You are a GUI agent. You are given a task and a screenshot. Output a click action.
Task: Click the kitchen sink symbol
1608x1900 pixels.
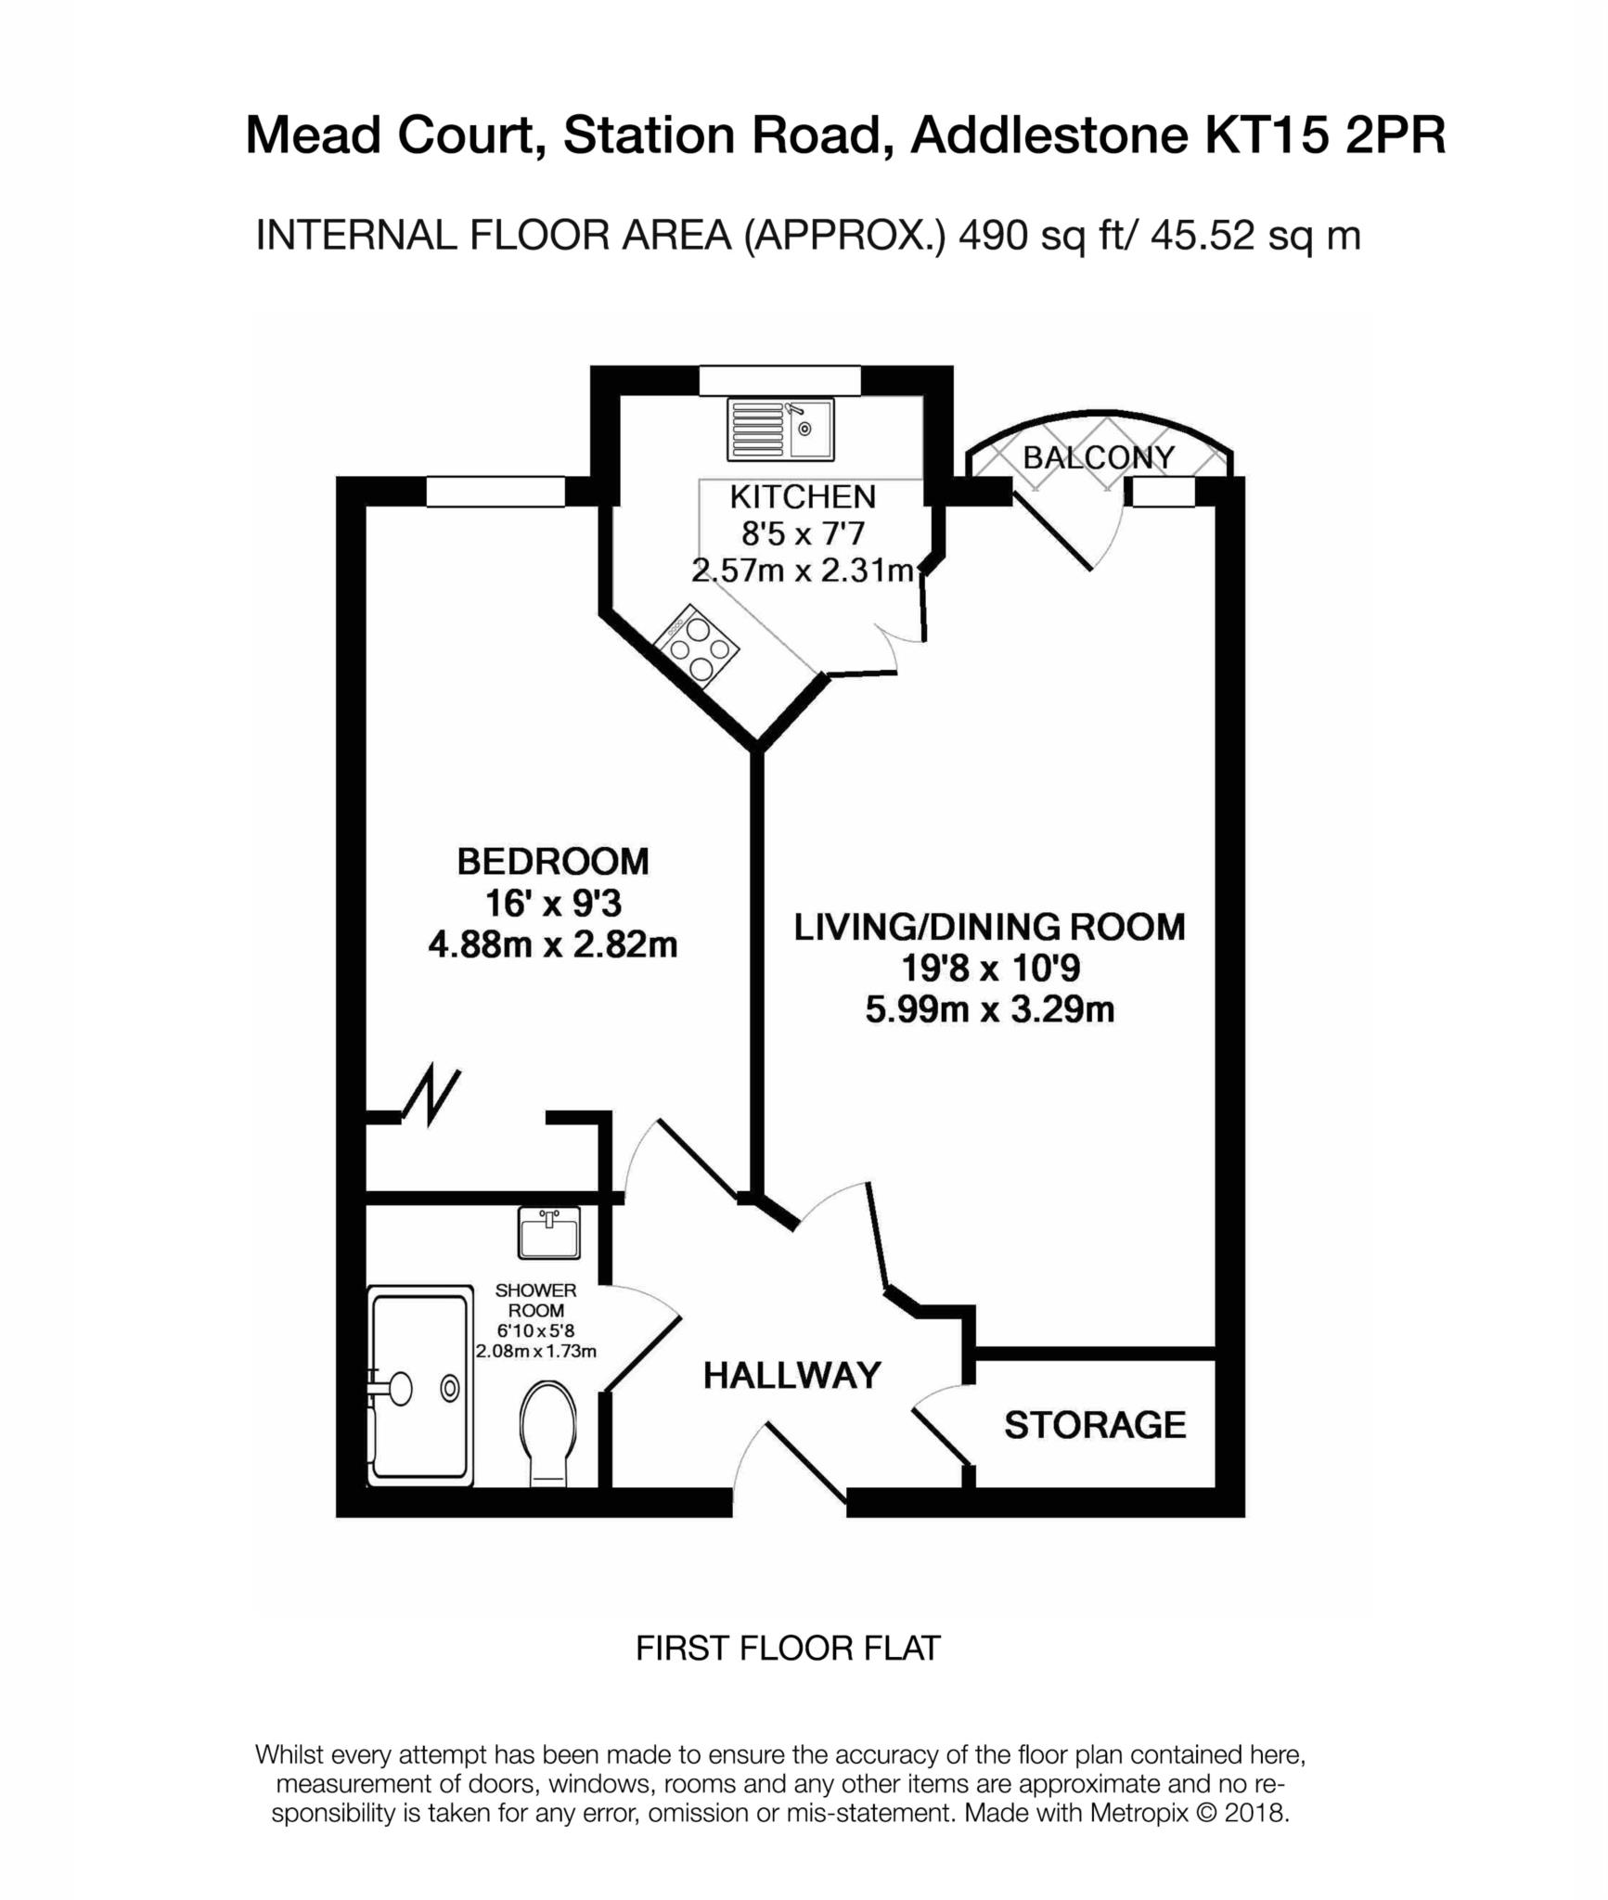[780, 429]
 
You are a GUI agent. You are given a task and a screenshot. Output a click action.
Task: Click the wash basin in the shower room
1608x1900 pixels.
[548, 1233]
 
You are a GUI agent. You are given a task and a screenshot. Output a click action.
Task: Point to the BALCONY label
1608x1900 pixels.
[1099, 457]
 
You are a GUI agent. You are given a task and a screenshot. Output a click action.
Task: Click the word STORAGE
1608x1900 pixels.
[1095, 1425]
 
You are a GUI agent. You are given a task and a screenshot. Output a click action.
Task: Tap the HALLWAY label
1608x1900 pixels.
[791, 1375]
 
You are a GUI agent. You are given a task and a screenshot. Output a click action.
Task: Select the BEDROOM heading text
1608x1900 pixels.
[553, 862]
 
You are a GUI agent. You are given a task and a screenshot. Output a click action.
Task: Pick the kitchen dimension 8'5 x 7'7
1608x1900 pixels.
[803, 534]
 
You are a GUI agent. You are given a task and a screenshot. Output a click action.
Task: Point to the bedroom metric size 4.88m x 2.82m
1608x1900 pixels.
[553, 945]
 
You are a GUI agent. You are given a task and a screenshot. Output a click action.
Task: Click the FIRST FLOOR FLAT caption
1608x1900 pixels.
[788, 1648]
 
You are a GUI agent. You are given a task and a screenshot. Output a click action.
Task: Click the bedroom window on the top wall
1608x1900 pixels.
[495, 492]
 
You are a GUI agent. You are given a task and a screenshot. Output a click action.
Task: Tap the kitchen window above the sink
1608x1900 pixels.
[779, 380]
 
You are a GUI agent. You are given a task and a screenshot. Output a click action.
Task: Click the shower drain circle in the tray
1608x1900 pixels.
[450, 1388]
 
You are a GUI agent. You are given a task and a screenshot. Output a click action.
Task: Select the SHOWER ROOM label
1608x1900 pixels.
[535, 1300]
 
